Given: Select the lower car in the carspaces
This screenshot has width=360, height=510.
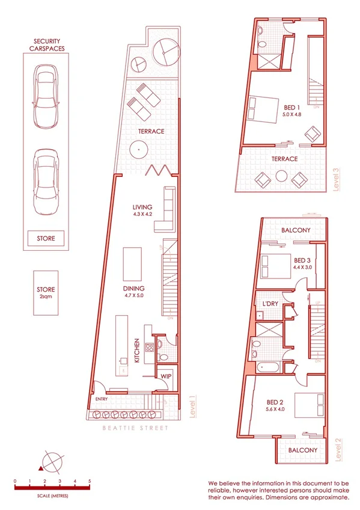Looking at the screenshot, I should tap(46, 176).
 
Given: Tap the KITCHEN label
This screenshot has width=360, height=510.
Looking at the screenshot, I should tap(137, 350).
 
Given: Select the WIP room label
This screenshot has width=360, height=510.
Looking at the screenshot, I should tap(165, 376).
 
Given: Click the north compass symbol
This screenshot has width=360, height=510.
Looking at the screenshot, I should tap(51, 462).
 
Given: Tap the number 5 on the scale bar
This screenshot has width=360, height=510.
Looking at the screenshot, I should tap(90, 482).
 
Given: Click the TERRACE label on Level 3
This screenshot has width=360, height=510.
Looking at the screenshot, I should tap(284, 159).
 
